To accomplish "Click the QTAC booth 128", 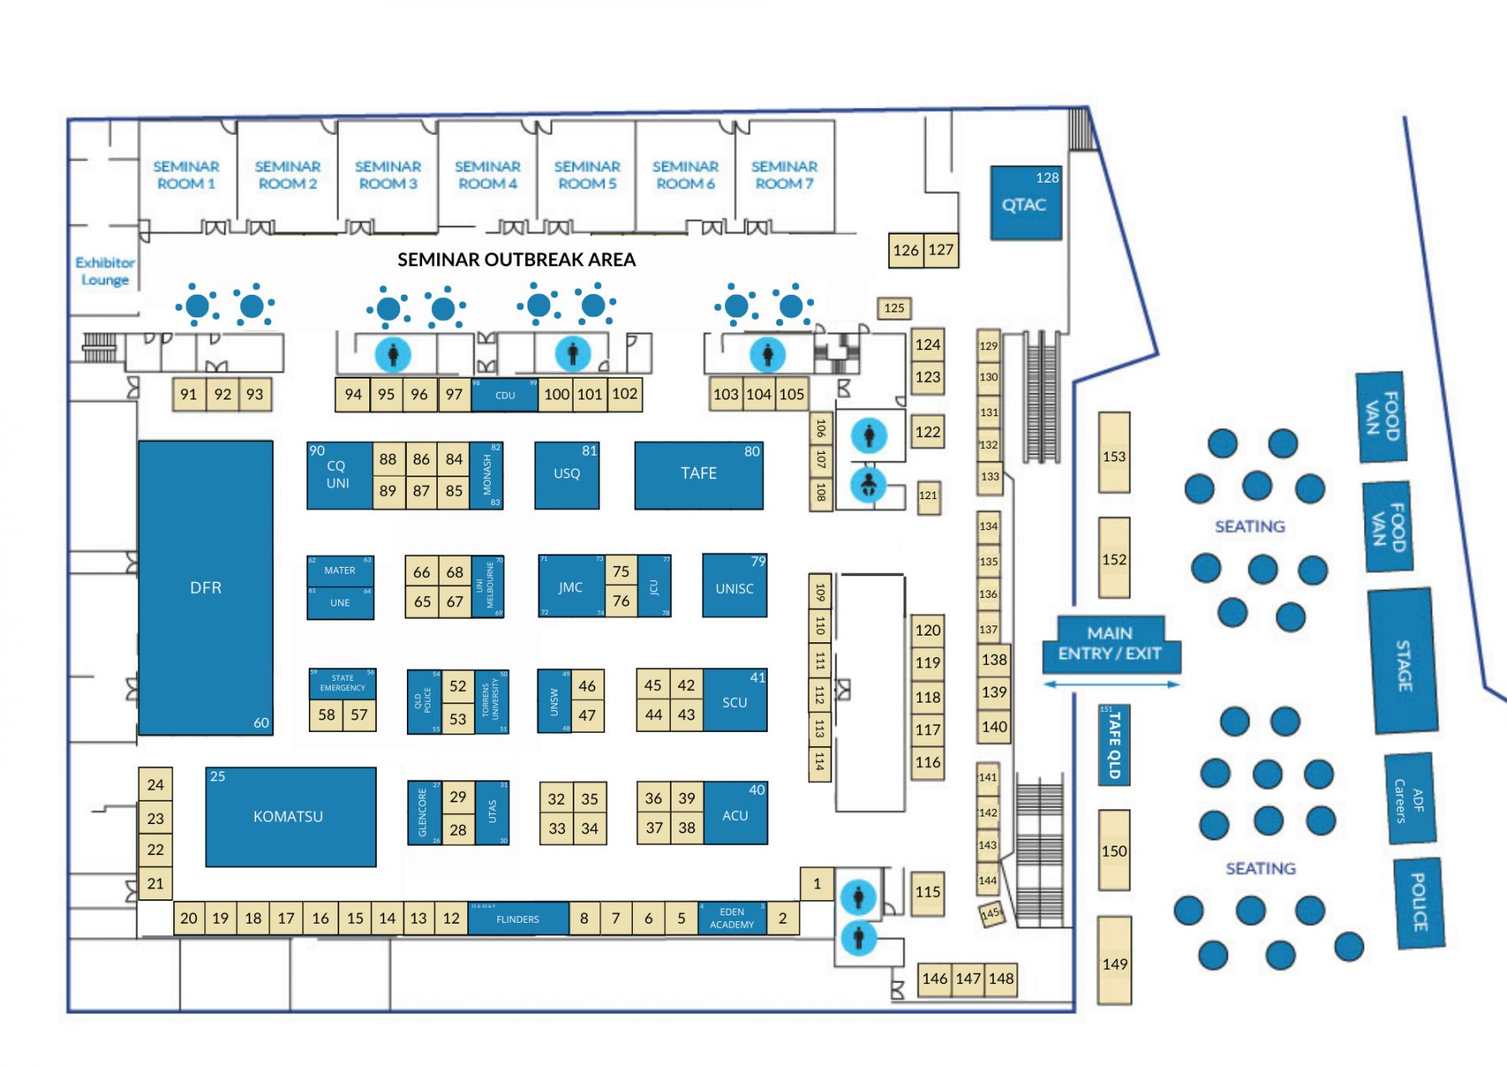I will [1026, 203].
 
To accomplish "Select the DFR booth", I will [205, 587].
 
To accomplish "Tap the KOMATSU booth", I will [290, 816].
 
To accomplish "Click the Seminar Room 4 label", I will [487, 175].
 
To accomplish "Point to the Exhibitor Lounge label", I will [105, 271].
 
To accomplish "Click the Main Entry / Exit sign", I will [1110, 644].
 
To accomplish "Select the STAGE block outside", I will [1403, 662].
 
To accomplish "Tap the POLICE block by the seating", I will [1419, 903].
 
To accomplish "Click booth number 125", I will [894, 308].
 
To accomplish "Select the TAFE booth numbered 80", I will [698, 474].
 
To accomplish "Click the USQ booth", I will [567, 474].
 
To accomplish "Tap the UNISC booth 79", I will [734, 587].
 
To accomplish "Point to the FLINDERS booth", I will [517, 919].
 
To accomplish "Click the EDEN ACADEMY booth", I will [732, 918].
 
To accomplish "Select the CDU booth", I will [505, 395].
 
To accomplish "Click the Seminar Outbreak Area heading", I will [517, 260].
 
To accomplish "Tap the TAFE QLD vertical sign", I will [1114, 744].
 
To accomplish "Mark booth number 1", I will [816, 883].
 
